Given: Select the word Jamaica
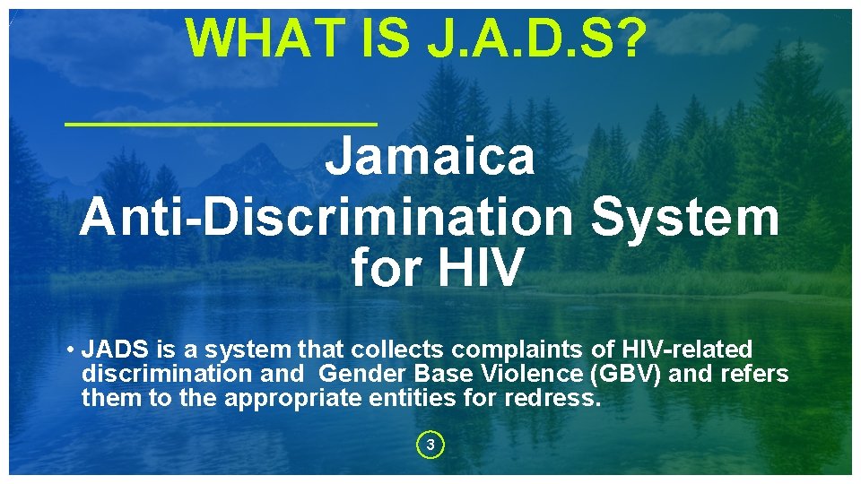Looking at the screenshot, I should click(430, 156).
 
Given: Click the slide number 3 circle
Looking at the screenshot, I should click(430, 445).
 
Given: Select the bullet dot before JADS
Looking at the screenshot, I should click(69, 350).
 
